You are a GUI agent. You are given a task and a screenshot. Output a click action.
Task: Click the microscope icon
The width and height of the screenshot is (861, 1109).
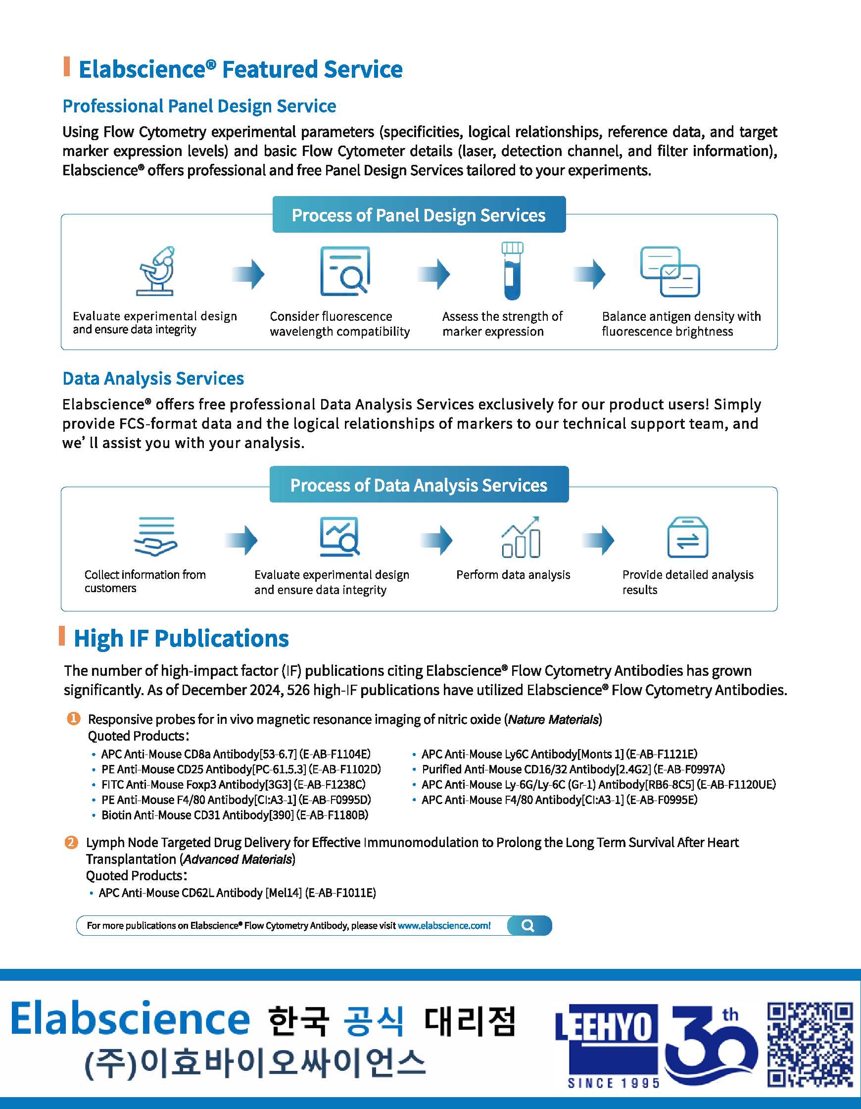[156, 271]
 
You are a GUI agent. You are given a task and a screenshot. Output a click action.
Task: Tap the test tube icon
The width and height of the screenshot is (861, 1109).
[512, 271]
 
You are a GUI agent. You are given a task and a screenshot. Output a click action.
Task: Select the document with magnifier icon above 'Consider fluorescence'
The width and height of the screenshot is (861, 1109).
[345, 271]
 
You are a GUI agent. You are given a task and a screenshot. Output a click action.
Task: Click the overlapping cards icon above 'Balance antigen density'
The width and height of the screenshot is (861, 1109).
[670, 272]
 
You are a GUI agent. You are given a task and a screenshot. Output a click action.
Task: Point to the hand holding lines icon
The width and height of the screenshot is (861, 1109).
[156, 537]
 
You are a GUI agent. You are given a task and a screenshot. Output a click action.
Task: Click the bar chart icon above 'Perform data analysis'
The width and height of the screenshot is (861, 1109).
[521, 537]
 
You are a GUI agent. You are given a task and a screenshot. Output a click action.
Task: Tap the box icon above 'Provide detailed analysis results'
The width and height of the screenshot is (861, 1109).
[687, 537]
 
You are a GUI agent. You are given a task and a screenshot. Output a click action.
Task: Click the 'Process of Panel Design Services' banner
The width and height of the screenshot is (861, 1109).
[419, 215]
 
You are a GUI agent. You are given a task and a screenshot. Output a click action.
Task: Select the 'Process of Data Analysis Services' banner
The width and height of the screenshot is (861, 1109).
[419, 485]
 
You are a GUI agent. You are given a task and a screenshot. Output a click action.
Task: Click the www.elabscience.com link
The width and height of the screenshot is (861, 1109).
[444, 926]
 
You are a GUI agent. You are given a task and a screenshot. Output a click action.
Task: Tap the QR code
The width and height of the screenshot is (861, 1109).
[810, 1045]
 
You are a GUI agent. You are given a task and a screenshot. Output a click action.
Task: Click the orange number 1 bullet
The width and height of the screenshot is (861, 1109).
[74, 718]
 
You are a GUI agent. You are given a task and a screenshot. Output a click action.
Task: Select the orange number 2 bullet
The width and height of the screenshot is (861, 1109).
[71, 843]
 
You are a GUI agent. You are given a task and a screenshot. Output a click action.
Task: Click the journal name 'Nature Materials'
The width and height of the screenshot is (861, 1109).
[553, 719]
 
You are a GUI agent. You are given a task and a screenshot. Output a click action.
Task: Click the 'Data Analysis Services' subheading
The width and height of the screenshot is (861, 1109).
[153, 378]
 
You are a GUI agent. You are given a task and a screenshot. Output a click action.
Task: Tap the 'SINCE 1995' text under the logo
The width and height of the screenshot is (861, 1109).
[613, 1083]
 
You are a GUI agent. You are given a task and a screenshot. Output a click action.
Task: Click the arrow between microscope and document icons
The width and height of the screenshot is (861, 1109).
[248, 274]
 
